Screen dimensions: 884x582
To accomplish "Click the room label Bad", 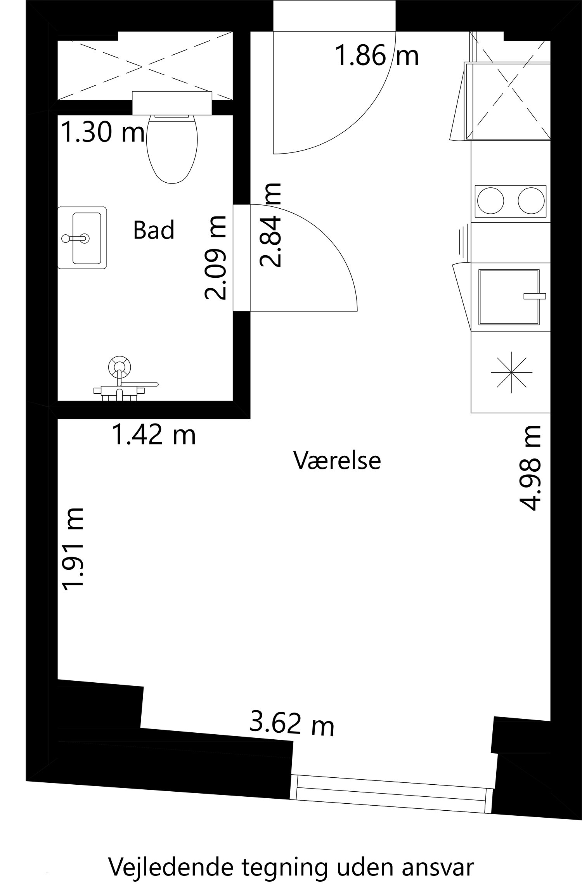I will tap(154, 230).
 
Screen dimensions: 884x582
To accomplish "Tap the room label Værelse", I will tap(337, 460).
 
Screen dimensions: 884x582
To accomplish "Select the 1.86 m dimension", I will tap(376, 55).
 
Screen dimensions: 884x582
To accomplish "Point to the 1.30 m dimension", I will tap(103, 132).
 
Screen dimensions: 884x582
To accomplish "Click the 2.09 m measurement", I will tap(215, 257).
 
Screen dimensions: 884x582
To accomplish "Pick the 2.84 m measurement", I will tap(270, 225).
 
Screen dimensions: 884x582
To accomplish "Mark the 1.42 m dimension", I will tap(154, 434).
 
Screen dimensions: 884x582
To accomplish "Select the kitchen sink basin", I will tap(509, 297).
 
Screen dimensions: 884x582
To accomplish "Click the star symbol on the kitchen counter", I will tap(511, 371).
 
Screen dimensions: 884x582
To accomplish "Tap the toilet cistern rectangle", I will tap(172, 103).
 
